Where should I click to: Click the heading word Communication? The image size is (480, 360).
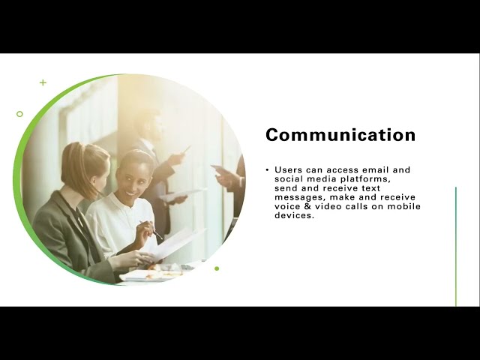pos(340,135)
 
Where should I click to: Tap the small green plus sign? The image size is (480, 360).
pos(43,82)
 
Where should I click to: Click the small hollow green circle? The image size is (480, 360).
pos(19,114)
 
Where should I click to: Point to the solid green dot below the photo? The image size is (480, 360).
pos(217,268)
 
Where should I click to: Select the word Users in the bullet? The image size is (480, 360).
pos(289,170)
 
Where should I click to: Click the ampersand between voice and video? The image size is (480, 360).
pos(306,206)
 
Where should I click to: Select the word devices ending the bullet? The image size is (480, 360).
pos(293,215)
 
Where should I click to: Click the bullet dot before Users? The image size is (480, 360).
pos(267,170)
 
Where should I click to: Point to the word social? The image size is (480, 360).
pos(289,179)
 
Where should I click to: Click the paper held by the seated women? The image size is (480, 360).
pos(176,244)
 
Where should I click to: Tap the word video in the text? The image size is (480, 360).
pos(329,206)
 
